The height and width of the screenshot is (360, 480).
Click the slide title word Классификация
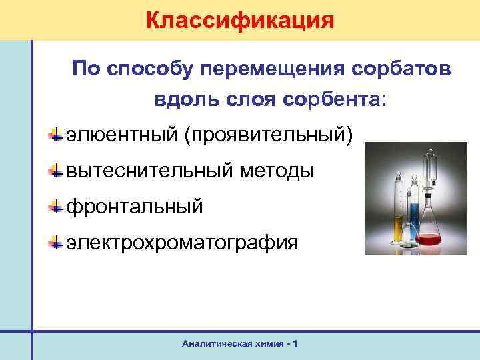[239, 19]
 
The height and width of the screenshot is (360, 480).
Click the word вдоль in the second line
[179, 100]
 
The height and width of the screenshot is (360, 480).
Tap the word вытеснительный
[146, 171]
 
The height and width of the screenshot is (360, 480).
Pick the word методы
[273, 171]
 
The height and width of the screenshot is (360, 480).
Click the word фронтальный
[133, 207]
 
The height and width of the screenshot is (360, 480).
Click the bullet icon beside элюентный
[58, 135]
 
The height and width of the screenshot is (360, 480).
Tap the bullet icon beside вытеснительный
[58, 171]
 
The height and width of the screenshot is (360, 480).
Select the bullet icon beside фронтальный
[58, 207]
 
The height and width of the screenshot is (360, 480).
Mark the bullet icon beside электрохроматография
[58, 243]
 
